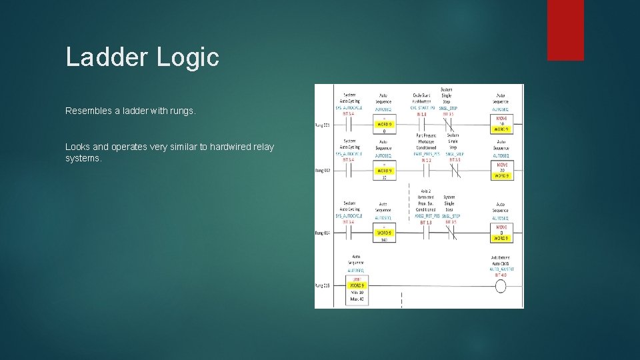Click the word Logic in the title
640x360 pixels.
(x=188, y=57)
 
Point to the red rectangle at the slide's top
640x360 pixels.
(x=565, y=30)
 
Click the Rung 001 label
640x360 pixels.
(x=323, y=125)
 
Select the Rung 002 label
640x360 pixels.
(x=323, y=171)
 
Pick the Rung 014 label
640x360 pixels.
(x=323, y=233)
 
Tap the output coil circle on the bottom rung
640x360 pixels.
(x=500, y=286)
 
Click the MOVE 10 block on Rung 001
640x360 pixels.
(x=501, y=123)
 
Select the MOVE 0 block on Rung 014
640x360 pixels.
(x=501, y=232)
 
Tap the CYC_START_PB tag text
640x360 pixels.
(x=422, y=108)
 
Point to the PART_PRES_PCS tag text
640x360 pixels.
(x=422, y=155)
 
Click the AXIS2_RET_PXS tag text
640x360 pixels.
(x=423, y=217)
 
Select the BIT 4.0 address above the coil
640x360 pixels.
(x=500, y=274)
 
